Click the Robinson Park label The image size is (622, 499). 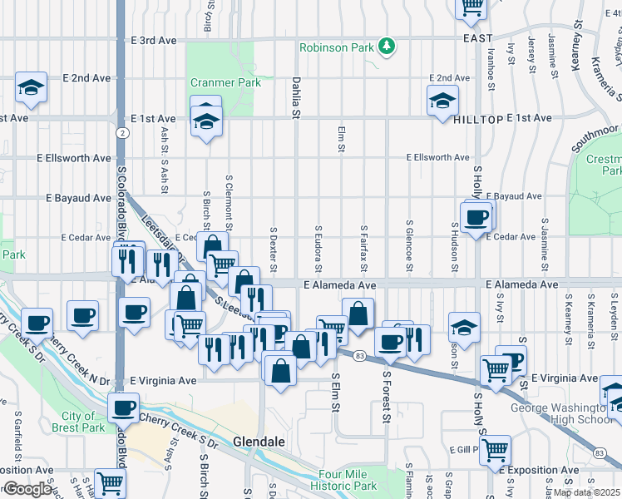(x=337, y=47)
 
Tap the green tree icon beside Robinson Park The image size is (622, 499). (x=387, y=47)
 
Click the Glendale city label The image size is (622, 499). (x=259, y=441)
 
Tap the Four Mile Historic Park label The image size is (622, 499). (x=348, y=480)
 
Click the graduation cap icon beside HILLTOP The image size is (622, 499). (x=442, y=101)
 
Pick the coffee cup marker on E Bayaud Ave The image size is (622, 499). (x=476, y=219)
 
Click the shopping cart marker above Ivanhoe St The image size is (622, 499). (x=471, y=7)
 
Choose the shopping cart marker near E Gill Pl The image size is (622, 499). (x=495, y=450)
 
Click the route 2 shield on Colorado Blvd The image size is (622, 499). (x=122, y=132)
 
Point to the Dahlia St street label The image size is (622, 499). (x=296, y=96)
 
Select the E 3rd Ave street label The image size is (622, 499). (x=155, y=40)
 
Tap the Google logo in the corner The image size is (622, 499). (x=27, y=489)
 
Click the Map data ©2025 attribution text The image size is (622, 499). (x=587, y=492)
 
